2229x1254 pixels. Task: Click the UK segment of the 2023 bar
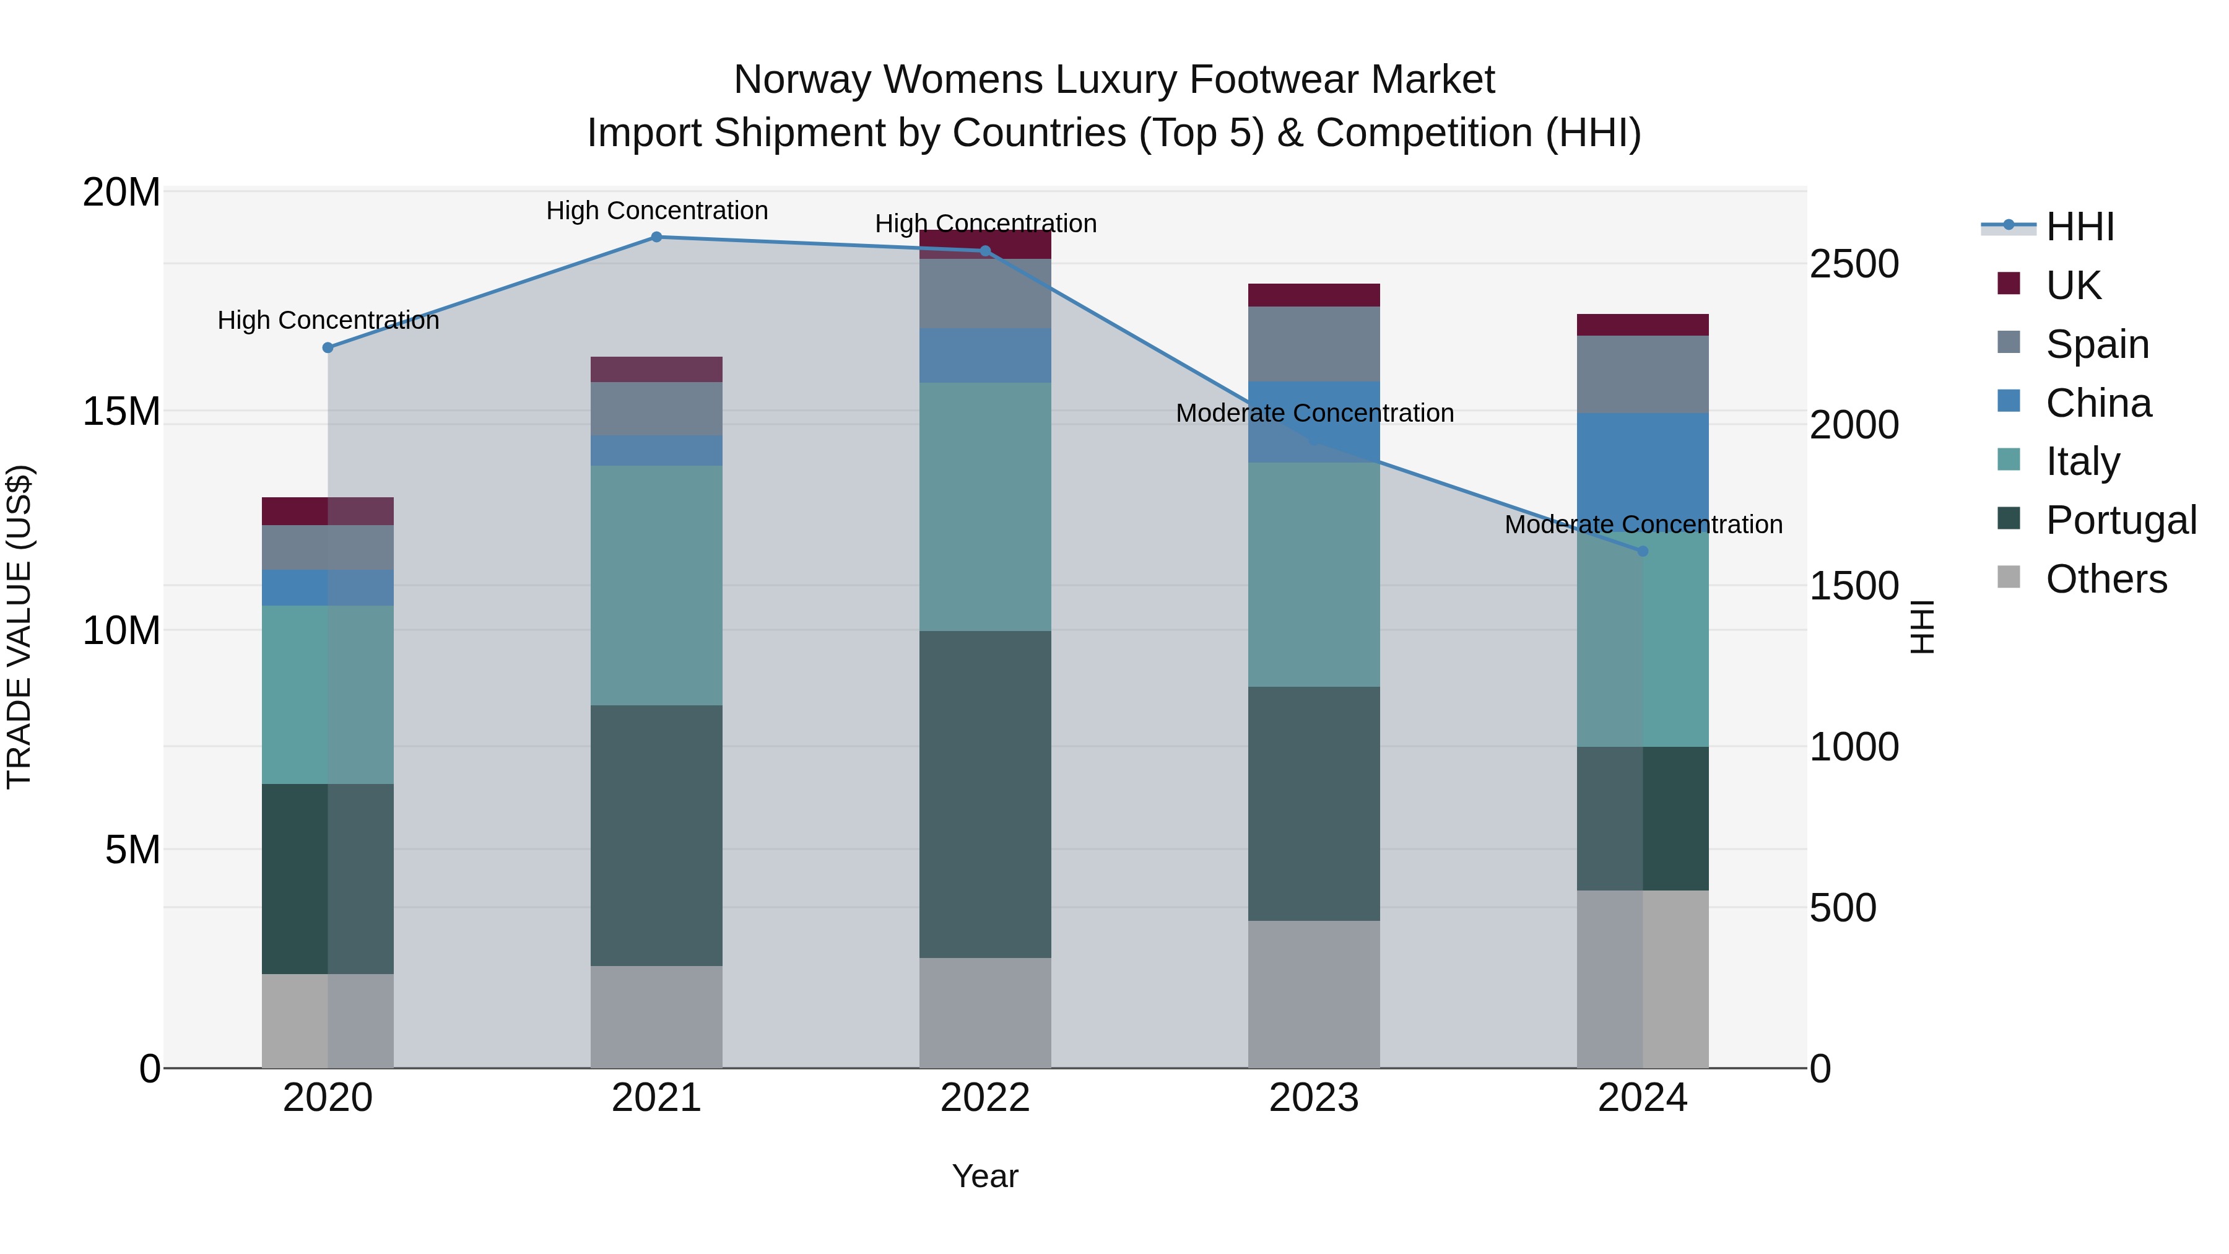(1313, 295)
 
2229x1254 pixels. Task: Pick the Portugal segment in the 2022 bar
(984, 794)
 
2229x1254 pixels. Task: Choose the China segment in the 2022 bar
(984, 355)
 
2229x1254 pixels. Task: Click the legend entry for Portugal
(2120, 520)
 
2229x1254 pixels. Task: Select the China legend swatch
(2009, 401)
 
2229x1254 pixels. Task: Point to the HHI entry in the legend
(2079, 227)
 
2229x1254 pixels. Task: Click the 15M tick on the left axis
(121, 412)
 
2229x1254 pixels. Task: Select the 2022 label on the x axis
(984, 1098)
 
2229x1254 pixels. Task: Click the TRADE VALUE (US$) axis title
(19, 627)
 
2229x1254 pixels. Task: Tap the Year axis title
(984, 1176)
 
